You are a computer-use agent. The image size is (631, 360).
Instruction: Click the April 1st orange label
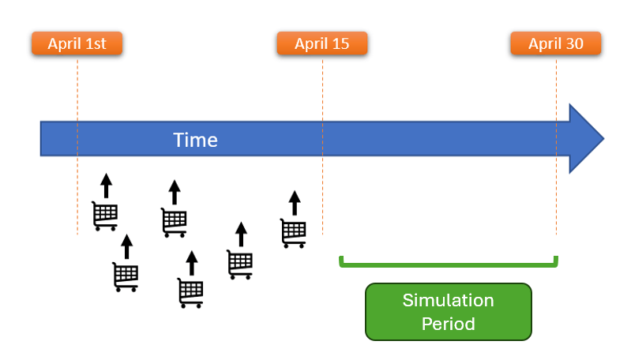pyautogui.click(x=77, y=44)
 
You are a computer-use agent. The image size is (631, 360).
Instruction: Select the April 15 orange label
pyautogui.click(x=321, y=44)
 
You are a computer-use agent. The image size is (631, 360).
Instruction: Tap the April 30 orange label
pyautogui.click(x=555, y=44)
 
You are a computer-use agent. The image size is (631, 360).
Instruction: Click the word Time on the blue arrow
pyautogui.click(x=195, y=141)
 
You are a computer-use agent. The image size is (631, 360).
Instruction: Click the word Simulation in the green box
pyautogui.click(x=448, y=301)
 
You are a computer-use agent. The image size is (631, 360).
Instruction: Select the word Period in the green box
pyautogui.click(x=448, y=324)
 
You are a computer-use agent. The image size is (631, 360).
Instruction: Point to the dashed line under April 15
pyautogui.click(x=322, y=197)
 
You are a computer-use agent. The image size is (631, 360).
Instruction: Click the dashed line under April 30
pyautogui.click(x=556, y=197)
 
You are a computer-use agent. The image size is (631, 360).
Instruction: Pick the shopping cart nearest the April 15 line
pyautogui.click(x=293, y=233)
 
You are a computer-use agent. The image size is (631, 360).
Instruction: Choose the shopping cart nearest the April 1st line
pyautogui.click(x=105, y=216)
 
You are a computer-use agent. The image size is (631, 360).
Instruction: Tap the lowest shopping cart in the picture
pyautogui.click(x=190, y=293)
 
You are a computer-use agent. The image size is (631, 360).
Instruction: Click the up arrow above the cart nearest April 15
pyautogui.click(x=294, y=203)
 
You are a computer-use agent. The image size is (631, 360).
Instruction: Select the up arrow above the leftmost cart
pyautogui.click(x=106, y=186)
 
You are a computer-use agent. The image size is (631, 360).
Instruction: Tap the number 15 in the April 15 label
pyautogui.click(x=340, y=44)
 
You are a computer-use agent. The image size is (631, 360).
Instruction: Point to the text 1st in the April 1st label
pyautogui.click(x=96, y=44)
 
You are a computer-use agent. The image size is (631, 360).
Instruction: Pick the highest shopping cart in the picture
pyautogui.click(x=105, y=216)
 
